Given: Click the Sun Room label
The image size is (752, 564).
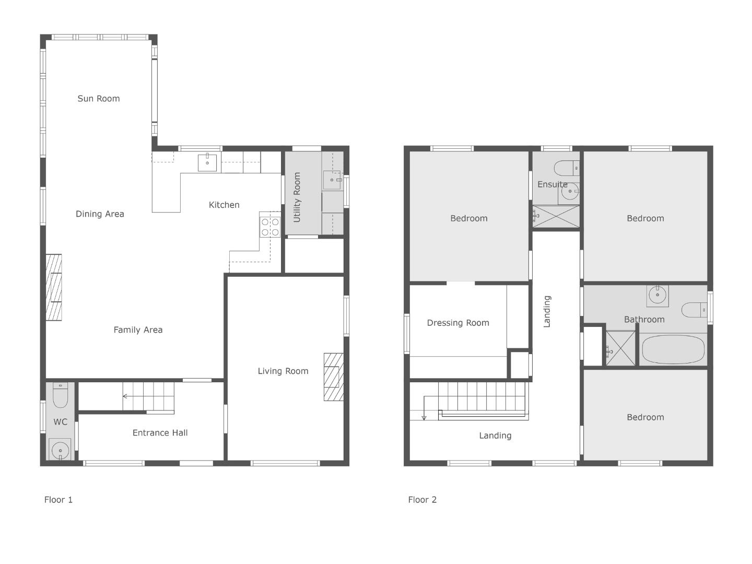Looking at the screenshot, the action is tap(99, 99).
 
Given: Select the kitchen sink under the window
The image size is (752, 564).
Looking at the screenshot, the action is tap(207, 162).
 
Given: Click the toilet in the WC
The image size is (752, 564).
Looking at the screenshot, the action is tap(60, 395).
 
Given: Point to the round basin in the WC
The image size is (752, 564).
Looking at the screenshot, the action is tap(60, 449).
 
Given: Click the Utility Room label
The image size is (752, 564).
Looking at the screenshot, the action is tap(297, 197).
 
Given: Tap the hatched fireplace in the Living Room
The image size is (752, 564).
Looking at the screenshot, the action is tap(333, 377).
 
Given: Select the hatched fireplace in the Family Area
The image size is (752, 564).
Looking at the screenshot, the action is tap(54, 287).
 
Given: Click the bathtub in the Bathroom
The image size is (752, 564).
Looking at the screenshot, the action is tap(673, 349).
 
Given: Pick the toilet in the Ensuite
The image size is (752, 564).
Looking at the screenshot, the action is tap(567, 168).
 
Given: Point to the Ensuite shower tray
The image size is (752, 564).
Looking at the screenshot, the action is tap(556, 216).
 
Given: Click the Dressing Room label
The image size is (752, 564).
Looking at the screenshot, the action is tap(458, 323).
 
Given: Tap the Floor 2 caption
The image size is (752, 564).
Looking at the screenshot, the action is tap(422, 500).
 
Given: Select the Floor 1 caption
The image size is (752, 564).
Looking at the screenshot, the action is tap(58, 500).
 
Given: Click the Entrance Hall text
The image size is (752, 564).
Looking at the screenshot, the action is tap(160, 433).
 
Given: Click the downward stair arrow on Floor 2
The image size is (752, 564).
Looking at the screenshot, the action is tap(424, 407).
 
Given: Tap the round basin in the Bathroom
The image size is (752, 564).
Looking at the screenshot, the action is tap(657, 295).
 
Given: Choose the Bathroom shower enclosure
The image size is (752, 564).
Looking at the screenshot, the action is tap(620, 348).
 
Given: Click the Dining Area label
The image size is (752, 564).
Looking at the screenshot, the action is tap(100, 214).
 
